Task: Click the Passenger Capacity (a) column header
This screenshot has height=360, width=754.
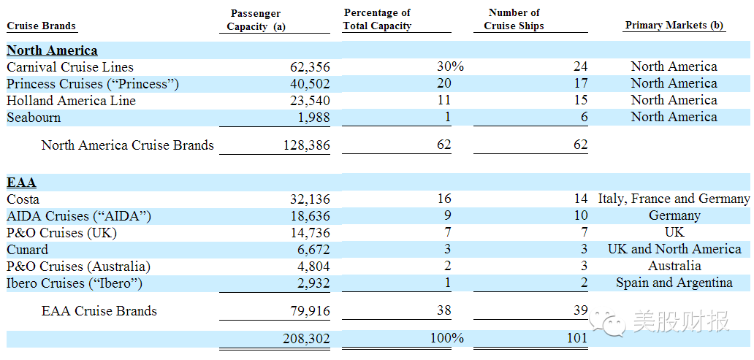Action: pyautogui.click(x=256, y=20)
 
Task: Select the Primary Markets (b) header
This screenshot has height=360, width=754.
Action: pyautogui.click(x=674, y=26)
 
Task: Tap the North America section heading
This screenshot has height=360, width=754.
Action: pyautogui.click(x=52, y=50)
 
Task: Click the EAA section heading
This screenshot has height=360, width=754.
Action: pyautogui.click(x=22, y=183)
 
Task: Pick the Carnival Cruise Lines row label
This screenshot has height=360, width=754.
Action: pyautogui.click(x=70, y=66)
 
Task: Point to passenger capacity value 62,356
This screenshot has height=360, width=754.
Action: pyautogui.click(x=310, y=67)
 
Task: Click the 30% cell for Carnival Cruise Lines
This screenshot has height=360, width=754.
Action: pyautogui.click(x=450, y=66)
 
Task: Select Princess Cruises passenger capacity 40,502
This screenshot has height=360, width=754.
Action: pyautogui.click(x=310, y=84)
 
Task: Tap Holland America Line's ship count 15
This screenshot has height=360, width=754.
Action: pyautogui.click(x=580, y=101)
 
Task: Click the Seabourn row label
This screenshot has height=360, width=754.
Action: pyautogui.click(x=34, y=118)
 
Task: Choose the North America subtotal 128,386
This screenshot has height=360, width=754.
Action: pyautogui.click(x=305, y=145)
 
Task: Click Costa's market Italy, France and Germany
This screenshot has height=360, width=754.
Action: pyautogui.click(x=674, y=199)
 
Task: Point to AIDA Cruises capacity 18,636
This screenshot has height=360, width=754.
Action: pyautogui.click(x=310, y=216)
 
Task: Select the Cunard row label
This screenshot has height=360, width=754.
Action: pyautogui.click(x=28, y=250)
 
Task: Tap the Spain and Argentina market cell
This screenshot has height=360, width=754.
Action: pyautogui.click(x=674, y=283)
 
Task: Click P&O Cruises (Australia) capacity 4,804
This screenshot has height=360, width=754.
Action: pyautogui.click(x=313, y=267)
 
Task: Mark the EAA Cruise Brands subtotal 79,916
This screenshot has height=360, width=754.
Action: pyautogui.click(x=310, y=311)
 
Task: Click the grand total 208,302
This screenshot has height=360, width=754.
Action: pyautogui.click(x=306, y=339)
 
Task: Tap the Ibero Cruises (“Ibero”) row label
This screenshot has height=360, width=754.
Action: pyautogui.click(x=75, y=283)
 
